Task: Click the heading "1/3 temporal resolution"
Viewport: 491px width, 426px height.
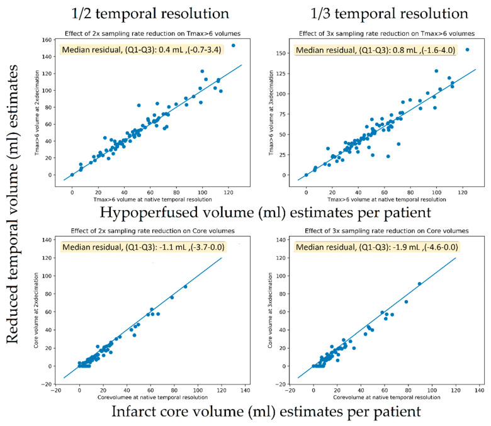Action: tap(371, 13)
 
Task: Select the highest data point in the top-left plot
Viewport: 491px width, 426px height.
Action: tap(233, 45)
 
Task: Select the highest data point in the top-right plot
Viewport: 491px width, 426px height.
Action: tap(466, 50)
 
